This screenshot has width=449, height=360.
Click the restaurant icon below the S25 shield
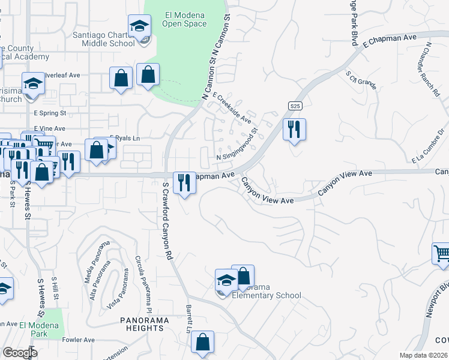pyautogui.click(x=294, y=130)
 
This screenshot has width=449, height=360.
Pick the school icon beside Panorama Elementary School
pyautogui.click(x=226, y=280)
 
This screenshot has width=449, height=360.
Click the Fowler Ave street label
pyautogui.click(x=79, y=340)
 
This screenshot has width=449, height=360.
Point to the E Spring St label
pyautogui.click(x=50, y=112)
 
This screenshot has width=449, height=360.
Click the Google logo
pyautogui.click(x=20, y=352)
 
